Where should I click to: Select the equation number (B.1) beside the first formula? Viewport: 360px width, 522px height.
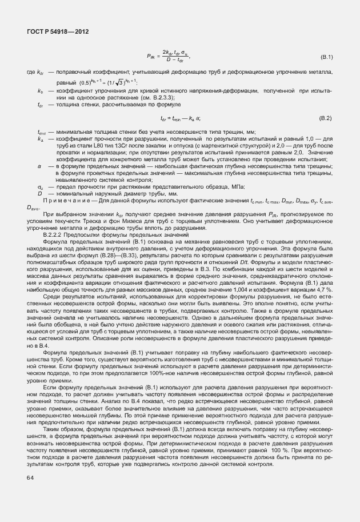327,58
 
